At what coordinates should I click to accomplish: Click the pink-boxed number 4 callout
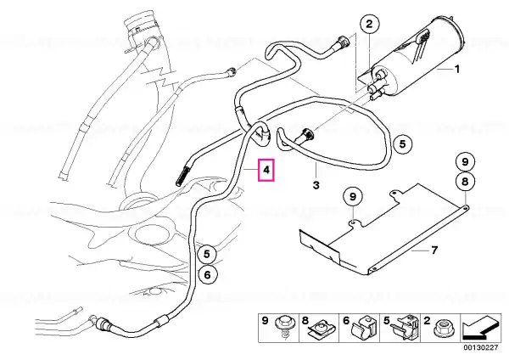(266, 170)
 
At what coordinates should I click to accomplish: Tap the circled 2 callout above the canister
(369, 24)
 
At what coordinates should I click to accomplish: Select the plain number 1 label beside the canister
(456, 69)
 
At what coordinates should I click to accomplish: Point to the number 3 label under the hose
(316, 185)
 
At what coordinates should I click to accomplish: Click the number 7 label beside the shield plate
(434, 250)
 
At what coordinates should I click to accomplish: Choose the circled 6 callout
(207, 275)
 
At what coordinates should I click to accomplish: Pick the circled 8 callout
(465, 182)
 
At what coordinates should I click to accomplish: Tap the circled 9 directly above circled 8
(465, 161)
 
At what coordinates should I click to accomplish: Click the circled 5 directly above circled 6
(207, 254)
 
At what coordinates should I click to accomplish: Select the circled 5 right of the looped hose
(402, 143)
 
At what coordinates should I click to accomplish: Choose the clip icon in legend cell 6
(363, 329)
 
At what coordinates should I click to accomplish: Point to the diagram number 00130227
(480, 347)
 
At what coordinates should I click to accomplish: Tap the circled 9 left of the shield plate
(353, 197)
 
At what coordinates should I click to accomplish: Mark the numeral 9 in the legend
(265, 321)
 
